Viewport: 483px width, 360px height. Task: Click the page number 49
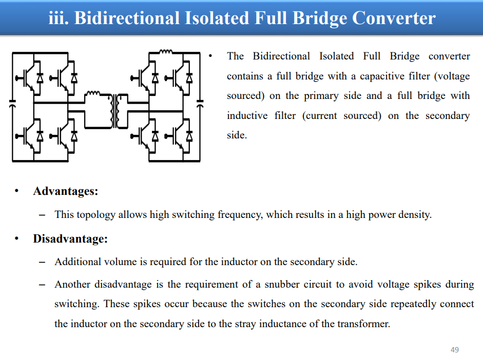click(454, 350)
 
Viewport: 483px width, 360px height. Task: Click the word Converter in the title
click(394, 18)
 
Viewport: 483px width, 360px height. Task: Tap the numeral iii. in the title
click(58, 18)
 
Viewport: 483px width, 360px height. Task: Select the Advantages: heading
click(66, 191)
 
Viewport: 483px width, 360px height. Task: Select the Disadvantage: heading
click(70, 239)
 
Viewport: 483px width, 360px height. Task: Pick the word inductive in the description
click(247, 115)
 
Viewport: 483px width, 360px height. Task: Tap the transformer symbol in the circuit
click(117, 110)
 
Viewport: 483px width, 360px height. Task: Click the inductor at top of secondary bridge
click(166, 51)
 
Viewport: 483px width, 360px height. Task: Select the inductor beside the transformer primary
click(92, 93)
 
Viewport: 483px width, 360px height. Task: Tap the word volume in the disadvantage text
click(121, 262)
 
